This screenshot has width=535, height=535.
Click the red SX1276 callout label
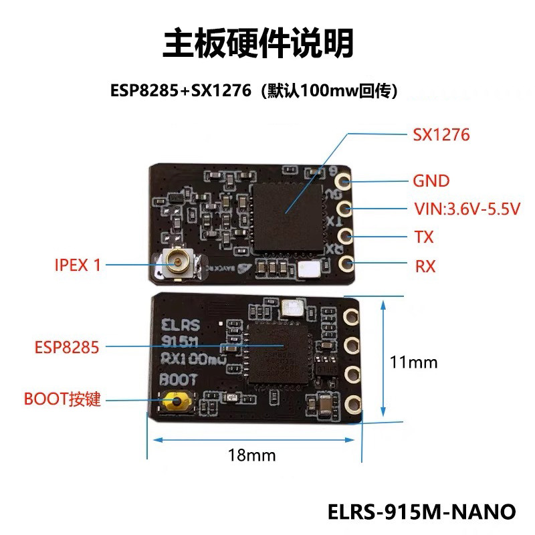(441, 135)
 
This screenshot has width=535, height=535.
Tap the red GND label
(431, 181)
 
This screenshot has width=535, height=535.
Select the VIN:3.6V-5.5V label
(467, 209)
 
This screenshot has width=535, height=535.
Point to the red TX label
(424, 237)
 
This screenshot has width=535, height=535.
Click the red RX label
(425, 267)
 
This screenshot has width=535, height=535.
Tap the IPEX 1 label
(78, 265)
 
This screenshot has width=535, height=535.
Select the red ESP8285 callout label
(67, 347)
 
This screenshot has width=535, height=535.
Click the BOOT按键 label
(62, 400)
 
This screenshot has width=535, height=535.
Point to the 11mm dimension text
(414, 362)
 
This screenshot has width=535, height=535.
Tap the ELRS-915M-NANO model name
(422, 512)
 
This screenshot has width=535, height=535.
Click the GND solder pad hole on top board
(345, 181)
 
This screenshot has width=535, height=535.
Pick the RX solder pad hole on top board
(346, 263)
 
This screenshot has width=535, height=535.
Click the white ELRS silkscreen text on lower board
(180, 326)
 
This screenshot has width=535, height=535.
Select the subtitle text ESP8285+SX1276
(181, 90)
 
